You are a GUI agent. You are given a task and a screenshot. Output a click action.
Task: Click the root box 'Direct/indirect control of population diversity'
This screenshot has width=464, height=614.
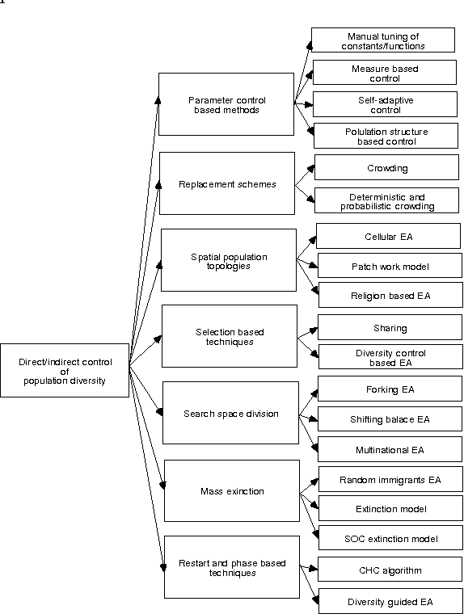(x=65, y=370)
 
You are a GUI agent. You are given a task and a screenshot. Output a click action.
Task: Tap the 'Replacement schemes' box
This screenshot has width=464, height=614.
(x=226, y=183)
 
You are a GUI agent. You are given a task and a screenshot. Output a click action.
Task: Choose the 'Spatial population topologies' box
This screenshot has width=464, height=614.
(x=229, y=260)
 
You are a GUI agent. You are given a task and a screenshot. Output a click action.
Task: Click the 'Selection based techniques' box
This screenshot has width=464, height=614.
(x=230, y=336)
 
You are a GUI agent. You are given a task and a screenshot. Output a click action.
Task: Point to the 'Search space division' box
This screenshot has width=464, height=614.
(x=230, y=414)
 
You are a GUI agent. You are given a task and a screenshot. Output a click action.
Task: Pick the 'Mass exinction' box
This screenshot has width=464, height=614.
(x=232, y=490)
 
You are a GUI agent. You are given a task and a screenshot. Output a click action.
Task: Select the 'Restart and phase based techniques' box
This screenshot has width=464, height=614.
(x=232, y=566)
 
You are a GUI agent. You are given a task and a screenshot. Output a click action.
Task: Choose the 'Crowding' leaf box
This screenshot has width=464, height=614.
(x=387, y=168)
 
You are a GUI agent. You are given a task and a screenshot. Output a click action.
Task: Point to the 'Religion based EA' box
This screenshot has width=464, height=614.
(x=391, y=295)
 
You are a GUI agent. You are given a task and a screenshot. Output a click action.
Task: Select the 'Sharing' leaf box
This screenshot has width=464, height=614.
(x=390, y=328)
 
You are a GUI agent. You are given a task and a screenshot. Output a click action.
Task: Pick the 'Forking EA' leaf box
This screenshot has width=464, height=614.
(x=391, y=389)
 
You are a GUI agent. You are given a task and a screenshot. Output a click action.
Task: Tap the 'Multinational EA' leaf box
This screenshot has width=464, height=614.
(x=391, y=448)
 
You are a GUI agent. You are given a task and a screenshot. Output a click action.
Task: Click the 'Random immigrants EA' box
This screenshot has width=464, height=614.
(x=391, y=479)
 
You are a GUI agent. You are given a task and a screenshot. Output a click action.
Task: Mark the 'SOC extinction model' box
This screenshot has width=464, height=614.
(x=391, y=538)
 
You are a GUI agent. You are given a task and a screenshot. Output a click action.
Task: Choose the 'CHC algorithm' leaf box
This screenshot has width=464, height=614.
(x=391, y=570)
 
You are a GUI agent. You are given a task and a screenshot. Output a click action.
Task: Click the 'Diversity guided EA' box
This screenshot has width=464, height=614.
(x=391, y=601)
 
